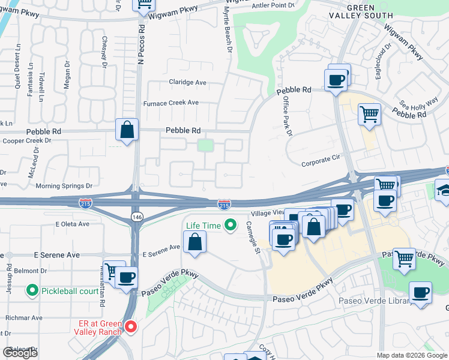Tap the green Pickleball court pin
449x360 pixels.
(x=33, y=292)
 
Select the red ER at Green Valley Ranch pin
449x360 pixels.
(x=130, y=327)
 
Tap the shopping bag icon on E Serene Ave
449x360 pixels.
(x=194, y=242)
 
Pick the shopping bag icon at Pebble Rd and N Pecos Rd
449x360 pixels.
(x=127, y=130)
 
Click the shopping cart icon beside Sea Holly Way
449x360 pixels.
(x=370, y=114)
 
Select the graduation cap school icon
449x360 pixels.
(x=444, y=190)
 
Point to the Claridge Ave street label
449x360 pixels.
(x=187, y=82)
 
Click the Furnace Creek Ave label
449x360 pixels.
(x=170, y=103)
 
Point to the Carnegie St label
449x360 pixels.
(x=253, y=237)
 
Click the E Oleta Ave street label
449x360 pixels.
(x=72, y=224)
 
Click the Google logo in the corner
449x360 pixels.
(x=20, y=353)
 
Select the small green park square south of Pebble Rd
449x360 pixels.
(x=206, y=145)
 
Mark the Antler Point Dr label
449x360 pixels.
(x=274, y=5)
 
